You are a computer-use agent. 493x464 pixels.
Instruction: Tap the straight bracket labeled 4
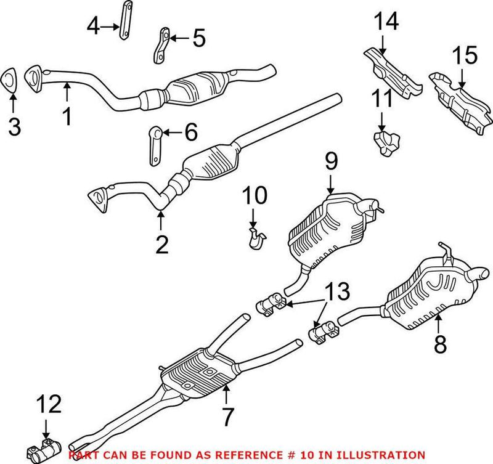pos(124,22)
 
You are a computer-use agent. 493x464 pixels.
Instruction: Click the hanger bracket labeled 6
pos(154,147)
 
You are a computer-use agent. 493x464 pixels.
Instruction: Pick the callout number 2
pos(162,244)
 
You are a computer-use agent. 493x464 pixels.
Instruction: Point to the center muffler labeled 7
pos(197,372)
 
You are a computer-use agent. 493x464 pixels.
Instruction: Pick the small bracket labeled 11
pos(385,143)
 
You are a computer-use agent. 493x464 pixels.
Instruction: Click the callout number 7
pos(228,417)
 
